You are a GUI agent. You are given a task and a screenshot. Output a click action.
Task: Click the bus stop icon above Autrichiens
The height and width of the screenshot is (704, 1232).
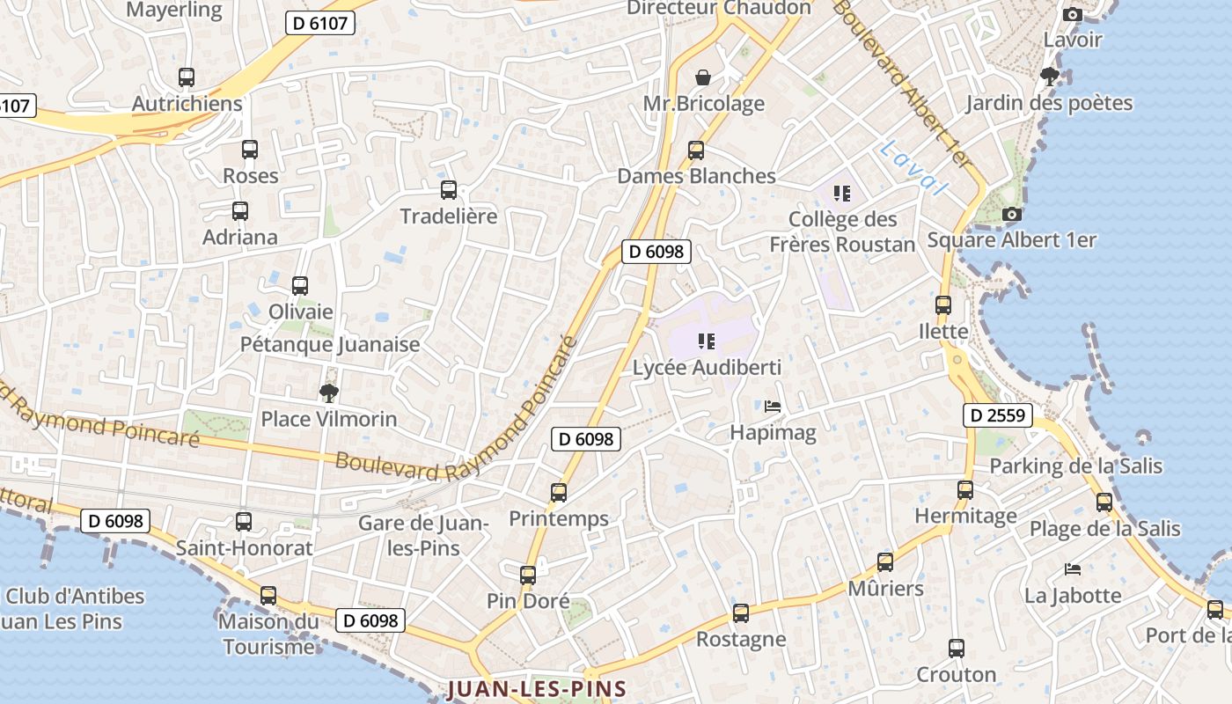[x=186, y=77]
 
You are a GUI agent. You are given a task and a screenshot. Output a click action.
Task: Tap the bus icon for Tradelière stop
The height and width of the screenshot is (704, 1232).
[x=449, y=189]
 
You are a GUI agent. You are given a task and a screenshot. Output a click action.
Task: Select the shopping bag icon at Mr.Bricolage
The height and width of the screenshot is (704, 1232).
[x=702, y=77]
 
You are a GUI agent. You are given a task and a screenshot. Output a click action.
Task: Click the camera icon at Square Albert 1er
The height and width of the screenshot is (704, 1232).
[x=1012, y=214]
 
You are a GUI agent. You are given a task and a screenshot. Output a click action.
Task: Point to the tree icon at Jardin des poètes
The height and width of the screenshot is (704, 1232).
[x=1049, y=77]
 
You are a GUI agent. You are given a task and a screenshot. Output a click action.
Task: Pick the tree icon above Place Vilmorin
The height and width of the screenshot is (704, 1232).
[x=328, y=392]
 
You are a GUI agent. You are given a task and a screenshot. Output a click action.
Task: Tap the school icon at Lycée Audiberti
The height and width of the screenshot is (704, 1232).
[x=706, y=341]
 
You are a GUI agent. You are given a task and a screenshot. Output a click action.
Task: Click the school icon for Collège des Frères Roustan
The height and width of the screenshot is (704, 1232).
[x=842, y=193]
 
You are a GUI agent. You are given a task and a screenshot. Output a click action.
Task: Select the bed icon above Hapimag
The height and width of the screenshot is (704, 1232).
[x=773, y=407]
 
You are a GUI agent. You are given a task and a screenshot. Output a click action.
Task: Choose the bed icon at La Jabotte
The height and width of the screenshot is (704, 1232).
[x=1072, y=569]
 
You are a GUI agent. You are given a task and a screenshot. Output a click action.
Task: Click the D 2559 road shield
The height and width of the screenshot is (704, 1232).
[x=997, y=415]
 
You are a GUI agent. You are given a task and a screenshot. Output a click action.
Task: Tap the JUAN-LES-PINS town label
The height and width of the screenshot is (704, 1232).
[x=537, y=689]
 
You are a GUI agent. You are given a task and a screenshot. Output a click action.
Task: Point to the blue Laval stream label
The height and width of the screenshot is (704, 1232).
[x=912, y=167]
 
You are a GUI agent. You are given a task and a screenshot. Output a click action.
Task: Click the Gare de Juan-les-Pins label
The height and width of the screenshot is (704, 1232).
[x=423, y=535]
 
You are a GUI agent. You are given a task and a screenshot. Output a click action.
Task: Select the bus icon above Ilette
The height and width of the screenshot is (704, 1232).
[x=943, y=305]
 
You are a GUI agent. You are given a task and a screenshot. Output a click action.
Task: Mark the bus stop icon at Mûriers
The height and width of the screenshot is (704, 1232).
[x=885, y=562]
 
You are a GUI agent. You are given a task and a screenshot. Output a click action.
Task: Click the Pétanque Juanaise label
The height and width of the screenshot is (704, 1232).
[x=330, y=344]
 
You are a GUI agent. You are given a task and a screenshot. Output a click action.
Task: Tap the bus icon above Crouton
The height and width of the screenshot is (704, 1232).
[x=957, y=649]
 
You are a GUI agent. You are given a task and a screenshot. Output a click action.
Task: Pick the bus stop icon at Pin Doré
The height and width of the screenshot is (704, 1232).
[x=528, y=576]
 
